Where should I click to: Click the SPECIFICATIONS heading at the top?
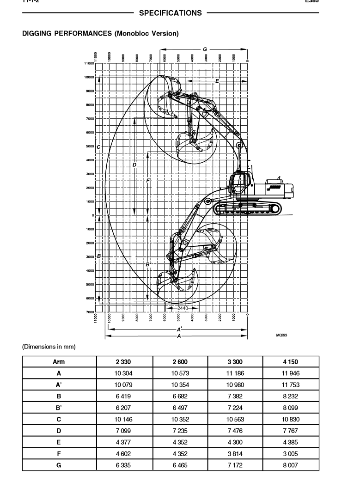[x=171, y=13]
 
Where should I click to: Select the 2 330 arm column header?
[x=124, y=362]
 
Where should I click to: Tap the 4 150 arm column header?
[x=291, y=362]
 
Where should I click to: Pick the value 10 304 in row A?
[x=124, y=373]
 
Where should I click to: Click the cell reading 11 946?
[x=291, y=373]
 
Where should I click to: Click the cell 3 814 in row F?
[x=235, y=453]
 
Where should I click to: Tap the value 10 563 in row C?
[x=235, y=418]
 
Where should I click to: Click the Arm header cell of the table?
[x=59, y=362]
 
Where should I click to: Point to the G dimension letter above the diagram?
[x=204, y=48]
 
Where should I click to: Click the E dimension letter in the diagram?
[x=217, y=81]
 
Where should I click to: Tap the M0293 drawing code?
[x=282, y=335]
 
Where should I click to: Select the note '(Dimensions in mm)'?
[x=49, y=347]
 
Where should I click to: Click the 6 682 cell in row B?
[x=180, y=396]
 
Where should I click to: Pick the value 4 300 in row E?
[x=235, y=442]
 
